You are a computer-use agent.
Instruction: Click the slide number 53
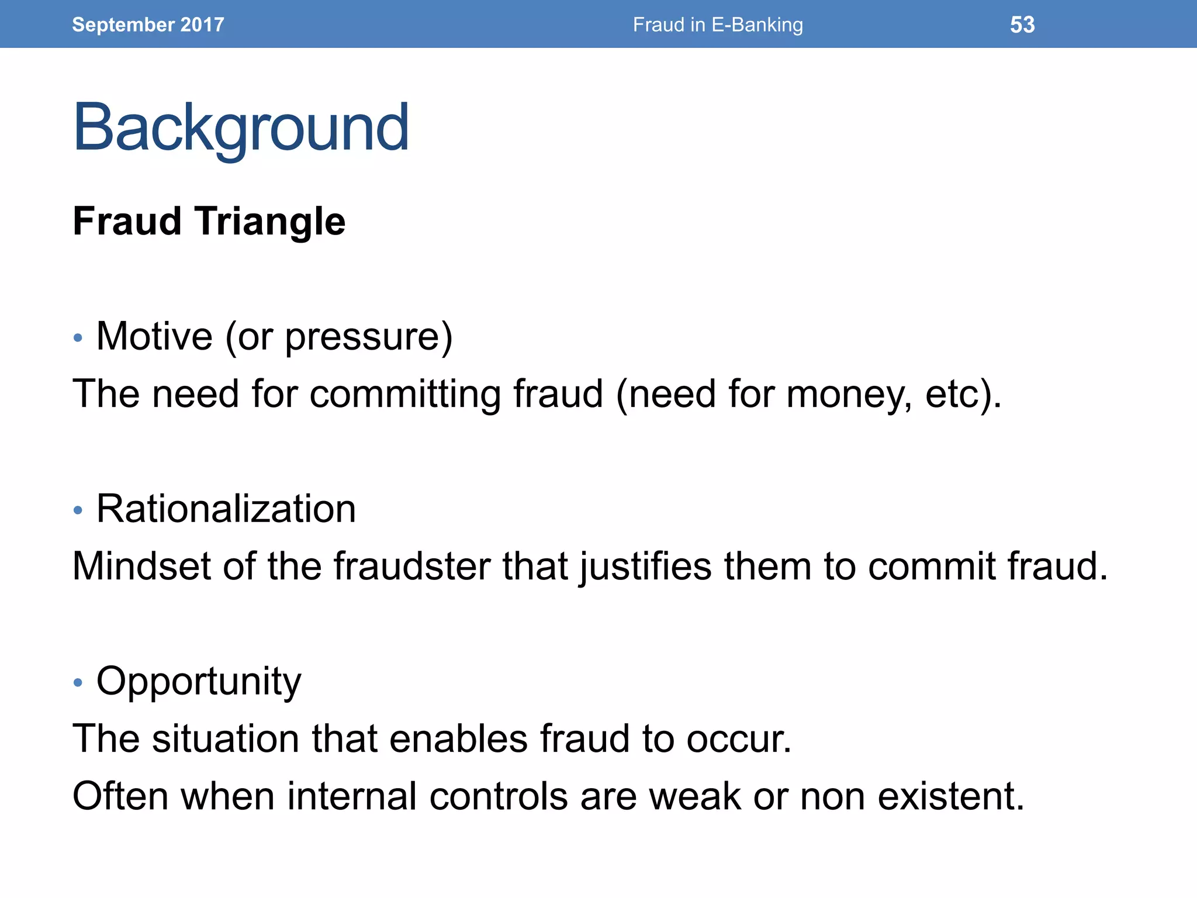(1022, 25)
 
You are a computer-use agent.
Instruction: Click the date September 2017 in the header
(148, 25)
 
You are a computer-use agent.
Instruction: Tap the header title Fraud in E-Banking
(718, 25)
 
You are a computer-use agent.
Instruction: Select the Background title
(241, 127)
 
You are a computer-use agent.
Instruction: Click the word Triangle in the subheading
(270, 222)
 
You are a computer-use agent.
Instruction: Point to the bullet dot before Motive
(78, 338)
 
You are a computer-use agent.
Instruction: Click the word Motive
(154, 336)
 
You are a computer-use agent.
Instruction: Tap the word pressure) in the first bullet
(369, 337)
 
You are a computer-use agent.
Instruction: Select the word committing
(405, 393)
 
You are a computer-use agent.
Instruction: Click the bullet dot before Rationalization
(78, 510)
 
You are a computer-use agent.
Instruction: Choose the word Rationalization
(226, 509)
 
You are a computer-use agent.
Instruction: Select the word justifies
(646, 566)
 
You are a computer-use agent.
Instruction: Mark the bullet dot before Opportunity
(78, 682)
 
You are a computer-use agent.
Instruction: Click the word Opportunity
(199, 682)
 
